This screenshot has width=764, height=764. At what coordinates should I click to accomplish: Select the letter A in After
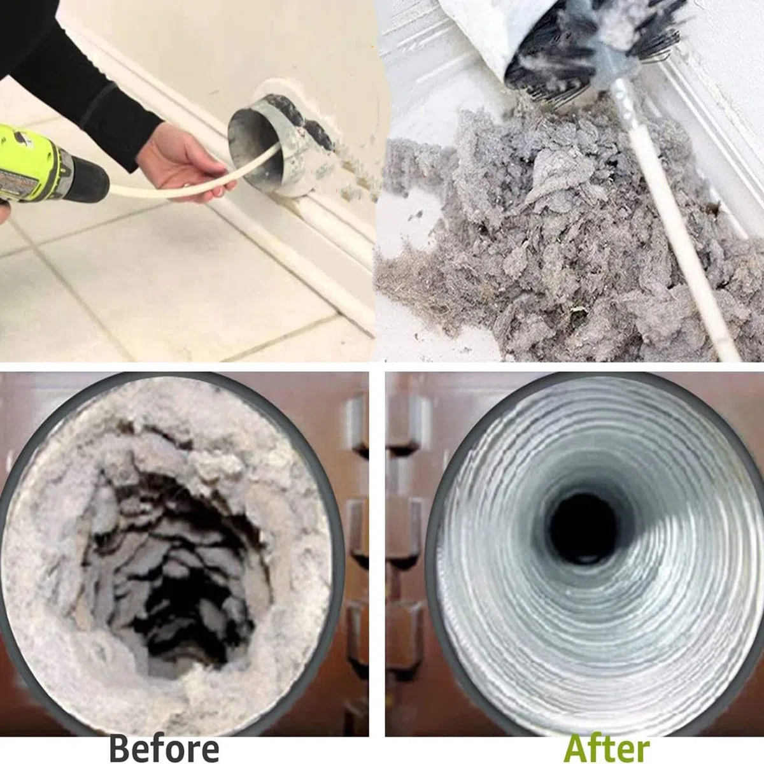[577, 738]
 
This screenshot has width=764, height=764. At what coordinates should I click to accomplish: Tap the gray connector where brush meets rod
[616, 67]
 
